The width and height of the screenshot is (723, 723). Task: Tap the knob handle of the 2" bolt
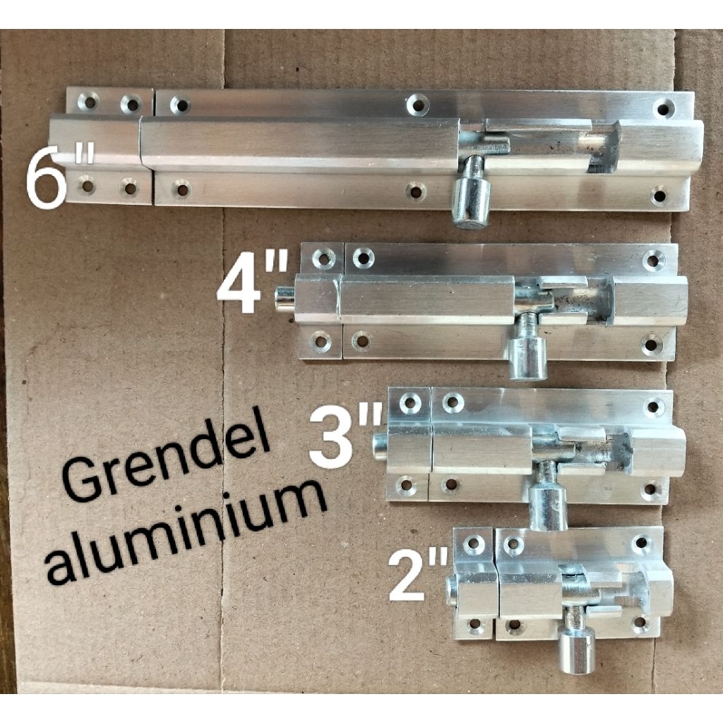(x=577, y=652)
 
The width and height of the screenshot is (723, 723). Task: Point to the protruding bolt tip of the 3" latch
(x=381, y=446)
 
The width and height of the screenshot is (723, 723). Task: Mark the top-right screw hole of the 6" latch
(x=664, y=107)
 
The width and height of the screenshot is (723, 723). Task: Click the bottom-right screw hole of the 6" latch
(x=660, y=195)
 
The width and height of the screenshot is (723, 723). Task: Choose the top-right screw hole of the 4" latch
(x=653, y=261)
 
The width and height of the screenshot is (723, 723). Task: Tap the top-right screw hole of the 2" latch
(x=641, y=542)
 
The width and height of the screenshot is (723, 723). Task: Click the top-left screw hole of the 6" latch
(x=89, y=102)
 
